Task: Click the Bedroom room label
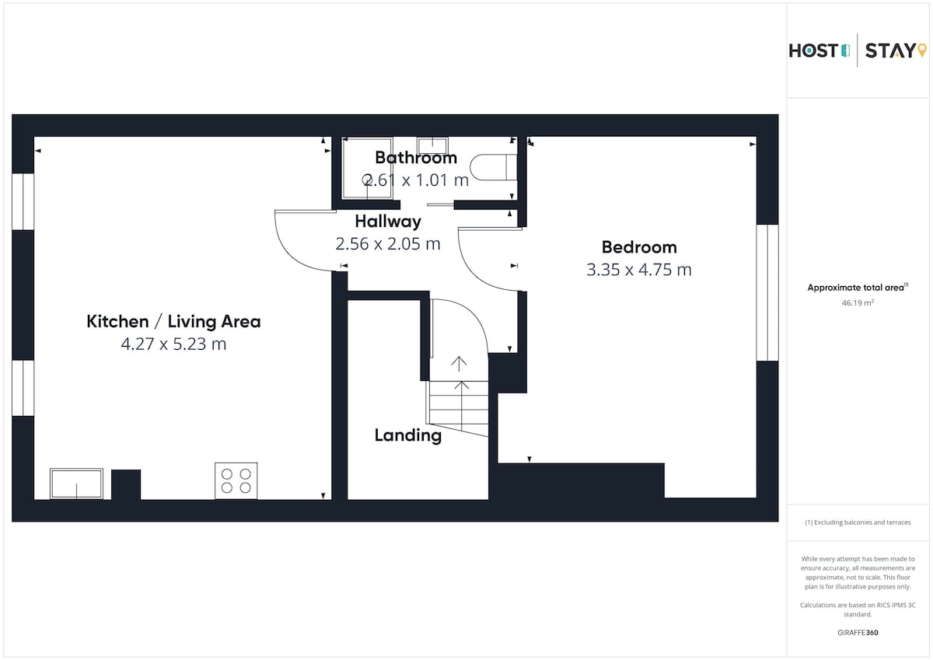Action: pos(639,247)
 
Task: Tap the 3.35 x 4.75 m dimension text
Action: pos(639,270)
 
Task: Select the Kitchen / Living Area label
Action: pos(173,322)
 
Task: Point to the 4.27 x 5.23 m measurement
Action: pos(173,344)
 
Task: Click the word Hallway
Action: pos(388,222)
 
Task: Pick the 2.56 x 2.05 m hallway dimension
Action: pos(388,244)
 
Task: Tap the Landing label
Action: pos(407,436)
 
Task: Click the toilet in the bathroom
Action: pos(494,167)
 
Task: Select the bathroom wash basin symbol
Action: pos(432,145)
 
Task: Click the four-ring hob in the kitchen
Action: pos(236,480)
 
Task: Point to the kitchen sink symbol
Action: pos(77,484)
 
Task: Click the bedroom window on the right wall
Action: pos(767,293)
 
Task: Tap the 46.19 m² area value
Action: pos(858,302)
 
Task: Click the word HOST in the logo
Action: pos(813,51)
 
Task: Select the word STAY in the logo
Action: pos(890,51)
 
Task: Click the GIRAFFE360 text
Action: pos(858,633)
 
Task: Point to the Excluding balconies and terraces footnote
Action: pos(858,522)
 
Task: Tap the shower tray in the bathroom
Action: pos(367,168)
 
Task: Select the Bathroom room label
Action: pos(416,158)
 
